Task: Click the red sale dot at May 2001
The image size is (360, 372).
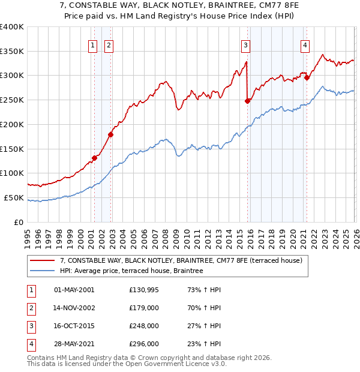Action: (x=94, y=158)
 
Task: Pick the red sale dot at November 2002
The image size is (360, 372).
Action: (x=110, y=134)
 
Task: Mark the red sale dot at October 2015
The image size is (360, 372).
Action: (x=247, y=101)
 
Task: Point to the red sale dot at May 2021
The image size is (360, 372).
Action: (x=307, y=77)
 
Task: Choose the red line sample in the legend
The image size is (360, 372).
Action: (x=43, y=260)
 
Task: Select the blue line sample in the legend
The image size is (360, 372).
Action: (x=43, y=271)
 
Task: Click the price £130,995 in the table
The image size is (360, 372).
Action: (x=143, y=290)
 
